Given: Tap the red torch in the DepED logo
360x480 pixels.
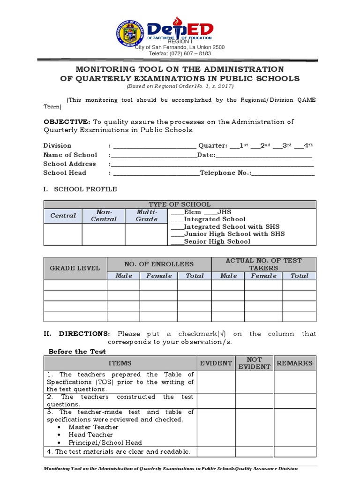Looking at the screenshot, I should (177, 23).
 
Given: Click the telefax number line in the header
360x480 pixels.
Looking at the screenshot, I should (180, 53).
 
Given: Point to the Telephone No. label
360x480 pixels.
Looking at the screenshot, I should (225, 173).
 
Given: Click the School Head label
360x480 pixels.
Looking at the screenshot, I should (65, 173).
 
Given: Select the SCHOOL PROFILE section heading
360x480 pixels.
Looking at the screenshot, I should (85, 189).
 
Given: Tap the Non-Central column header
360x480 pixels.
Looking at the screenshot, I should (104, 216).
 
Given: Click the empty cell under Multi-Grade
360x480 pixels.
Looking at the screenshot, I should (146, 234).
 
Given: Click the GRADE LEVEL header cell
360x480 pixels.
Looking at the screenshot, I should (75, 268).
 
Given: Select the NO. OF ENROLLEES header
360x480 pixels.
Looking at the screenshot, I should (159, 264).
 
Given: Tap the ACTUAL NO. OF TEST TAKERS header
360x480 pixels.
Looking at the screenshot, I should (263, 264).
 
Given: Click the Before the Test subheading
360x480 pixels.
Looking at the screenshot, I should (77, 352).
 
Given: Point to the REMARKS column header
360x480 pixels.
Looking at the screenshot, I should (295, 363).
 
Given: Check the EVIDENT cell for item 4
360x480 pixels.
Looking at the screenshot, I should (216, 452).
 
